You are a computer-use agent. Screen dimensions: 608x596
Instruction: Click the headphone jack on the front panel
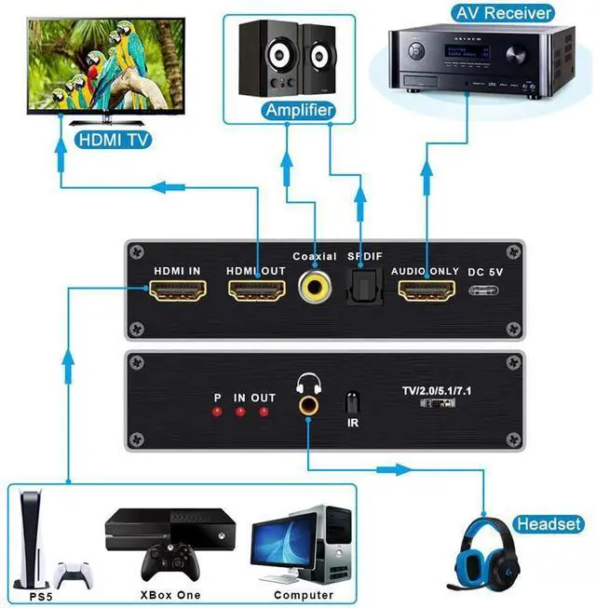coord(305,407)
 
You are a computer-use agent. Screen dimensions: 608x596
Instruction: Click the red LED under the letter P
coord(217,412)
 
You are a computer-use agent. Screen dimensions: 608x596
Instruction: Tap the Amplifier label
coord(298,111)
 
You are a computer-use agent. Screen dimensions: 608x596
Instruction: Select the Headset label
coord(549,524)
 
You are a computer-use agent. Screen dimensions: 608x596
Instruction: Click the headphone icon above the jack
coord(305,383)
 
